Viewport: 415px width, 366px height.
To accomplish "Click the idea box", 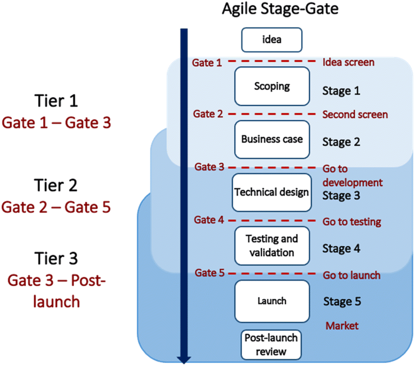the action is [271, 39].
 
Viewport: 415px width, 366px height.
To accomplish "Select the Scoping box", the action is [272, 86].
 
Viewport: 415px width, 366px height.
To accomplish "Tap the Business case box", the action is [272, 139].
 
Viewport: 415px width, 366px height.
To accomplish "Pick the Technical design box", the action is [271, 193].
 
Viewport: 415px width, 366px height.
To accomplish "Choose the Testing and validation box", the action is [272, 246].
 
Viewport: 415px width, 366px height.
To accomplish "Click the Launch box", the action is [272, 301].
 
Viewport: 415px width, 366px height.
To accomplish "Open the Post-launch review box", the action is [271, 345].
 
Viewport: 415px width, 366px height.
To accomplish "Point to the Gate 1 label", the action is [207, 63].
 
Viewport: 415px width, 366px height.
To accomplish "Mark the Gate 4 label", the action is [209, 220].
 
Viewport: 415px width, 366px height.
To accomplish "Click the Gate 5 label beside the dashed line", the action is [209, 273].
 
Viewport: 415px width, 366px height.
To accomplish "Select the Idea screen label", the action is [348, 62].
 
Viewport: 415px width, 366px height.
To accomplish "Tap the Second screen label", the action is [355, 115].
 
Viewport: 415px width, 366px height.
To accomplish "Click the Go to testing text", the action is [352, 222].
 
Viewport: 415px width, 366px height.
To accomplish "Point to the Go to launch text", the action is [352, 276].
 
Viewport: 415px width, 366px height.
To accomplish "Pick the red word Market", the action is [342, 326].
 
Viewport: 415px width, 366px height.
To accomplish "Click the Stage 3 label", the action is [341, 196].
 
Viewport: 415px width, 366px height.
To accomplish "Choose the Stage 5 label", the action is [342, 302].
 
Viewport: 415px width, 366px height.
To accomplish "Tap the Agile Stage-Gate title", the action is [280, 9].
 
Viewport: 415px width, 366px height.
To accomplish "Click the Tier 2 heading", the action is [56, 185].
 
